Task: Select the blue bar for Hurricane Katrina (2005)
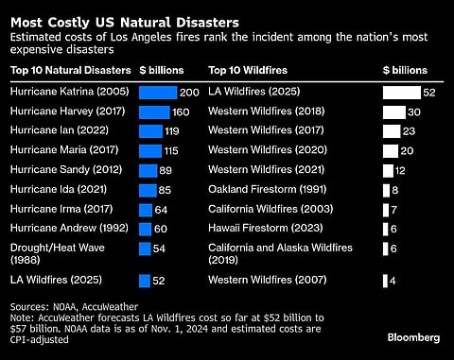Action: coord(157,93)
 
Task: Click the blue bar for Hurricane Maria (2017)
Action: coord(150,151)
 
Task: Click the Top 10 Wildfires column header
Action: coord(249,70)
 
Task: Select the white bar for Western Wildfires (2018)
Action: coord(394,112)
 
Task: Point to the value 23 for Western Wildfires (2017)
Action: coord(410,131)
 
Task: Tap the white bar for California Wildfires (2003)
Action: coord(385,209)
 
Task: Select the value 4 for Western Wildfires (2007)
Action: coord(393,281)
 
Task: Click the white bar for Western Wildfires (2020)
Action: coord(391,151)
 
